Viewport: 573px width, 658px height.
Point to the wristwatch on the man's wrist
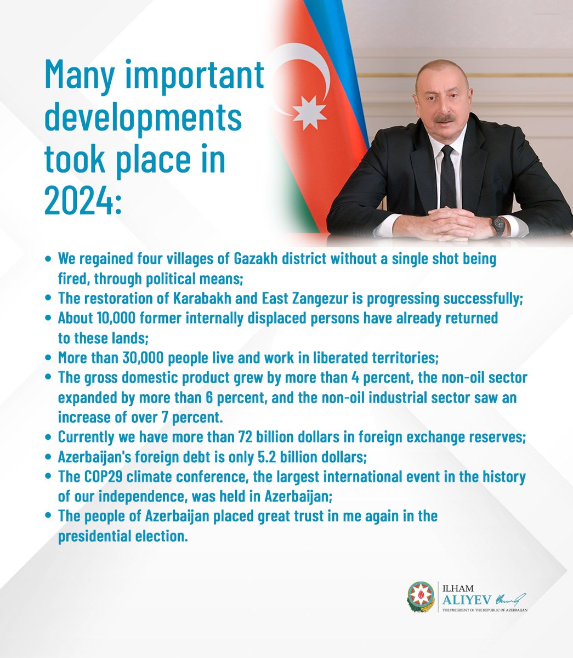498,224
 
